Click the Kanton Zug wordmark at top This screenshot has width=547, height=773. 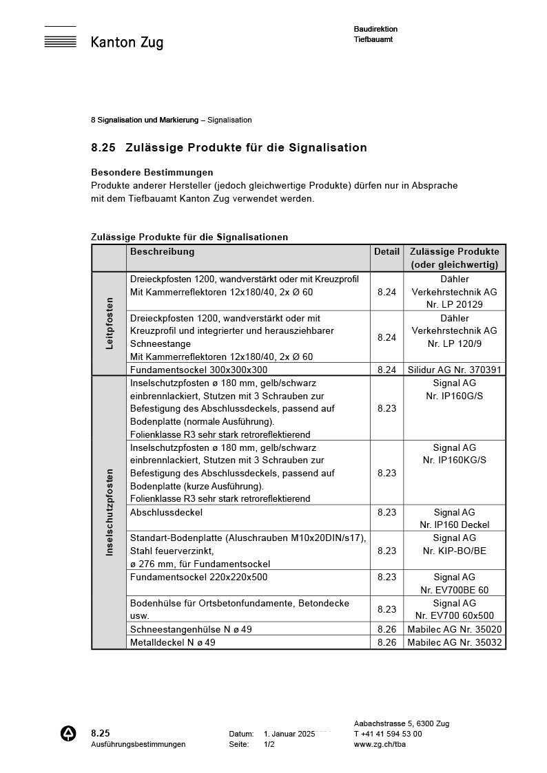[127, 43]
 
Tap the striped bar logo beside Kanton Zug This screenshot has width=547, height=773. [60, 39]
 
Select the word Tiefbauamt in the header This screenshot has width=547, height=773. [373, 40]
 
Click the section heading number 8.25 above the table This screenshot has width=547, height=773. [103, 147]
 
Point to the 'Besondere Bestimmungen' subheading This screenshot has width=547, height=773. [152, 172]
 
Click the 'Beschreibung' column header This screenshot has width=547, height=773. [162, 252]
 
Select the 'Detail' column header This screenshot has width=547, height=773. [386, 252]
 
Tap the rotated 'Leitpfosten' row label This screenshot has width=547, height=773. [109, 323]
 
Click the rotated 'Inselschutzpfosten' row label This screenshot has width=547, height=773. [109, 512]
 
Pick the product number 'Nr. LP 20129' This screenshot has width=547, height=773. [454, 304]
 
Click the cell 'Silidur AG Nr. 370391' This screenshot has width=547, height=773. [455, 370]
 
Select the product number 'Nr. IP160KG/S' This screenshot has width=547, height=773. [454, 460]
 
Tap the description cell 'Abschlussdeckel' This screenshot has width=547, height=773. [166, 512]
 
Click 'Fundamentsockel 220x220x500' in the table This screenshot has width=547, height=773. [198, 577]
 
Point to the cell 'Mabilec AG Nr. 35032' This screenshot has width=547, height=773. [455, 642]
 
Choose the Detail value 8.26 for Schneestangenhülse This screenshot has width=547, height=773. [386, 629]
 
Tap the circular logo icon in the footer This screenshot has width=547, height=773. [69, 734]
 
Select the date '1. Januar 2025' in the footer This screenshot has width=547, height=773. [289, 734]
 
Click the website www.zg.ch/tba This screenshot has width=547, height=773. [380, 744]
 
